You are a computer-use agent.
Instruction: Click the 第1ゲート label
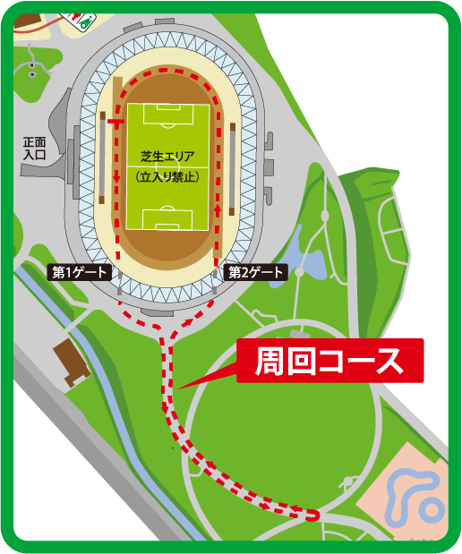pos(80,272)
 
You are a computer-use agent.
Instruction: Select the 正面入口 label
pos(35,148)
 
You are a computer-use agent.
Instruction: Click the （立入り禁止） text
pos(167,177)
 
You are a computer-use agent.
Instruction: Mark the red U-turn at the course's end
pos(314,515)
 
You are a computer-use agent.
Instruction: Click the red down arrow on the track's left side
pos(117,183)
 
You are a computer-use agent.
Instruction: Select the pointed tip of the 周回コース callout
pos(180,388)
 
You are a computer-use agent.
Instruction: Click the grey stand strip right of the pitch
pos(233,170)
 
